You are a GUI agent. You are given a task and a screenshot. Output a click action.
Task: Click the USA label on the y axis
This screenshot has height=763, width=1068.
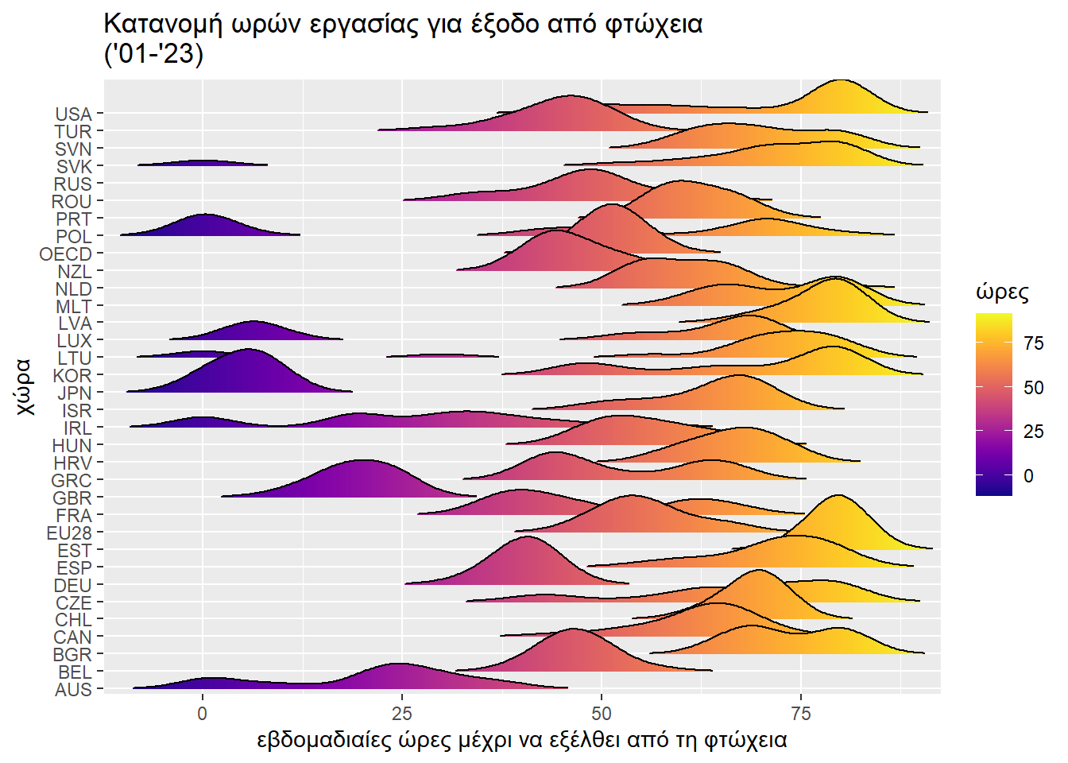click(x=73, y=114)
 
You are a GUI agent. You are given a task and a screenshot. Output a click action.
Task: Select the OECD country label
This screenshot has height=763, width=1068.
click(x=66, y=254)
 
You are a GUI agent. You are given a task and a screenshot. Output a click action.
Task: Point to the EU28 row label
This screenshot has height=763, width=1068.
click(x=69, y=533)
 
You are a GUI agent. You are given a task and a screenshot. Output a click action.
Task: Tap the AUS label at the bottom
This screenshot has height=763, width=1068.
click(x=73, y=690)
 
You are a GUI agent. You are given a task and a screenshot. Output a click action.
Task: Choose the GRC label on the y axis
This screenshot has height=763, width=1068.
click(x=72, y=481)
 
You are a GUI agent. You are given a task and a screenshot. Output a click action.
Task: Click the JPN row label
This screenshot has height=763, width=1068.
click(x=74, y=393)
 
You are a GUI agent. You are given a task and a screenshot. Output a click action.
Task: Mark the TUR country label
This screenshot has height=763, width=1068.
click(x=73, y=132)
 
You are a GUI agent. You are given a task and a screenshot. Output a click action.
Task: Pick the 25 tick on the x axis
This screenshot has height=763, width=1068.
click(x=402, y=713)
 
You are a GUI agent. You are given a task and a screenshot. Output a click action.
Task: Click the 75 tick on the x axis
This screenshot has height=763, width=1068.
click(x=800, y=713)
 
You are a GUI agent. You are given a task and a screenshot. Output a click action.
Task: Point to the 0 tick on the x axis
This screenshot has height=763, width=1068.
click(x=203, y=713)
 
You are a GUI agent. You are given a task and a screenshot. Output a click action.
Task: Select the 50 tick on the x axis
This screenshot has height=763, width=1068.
click(x=602, y=713)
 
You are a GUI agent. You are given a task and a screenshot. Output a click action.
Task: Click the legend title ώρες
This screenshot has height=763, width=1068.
click(x=1002, y=292)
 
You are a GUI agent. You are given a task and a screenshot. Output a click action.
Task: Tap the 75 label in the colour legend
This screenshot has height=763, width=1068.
click(x=1034, y=343)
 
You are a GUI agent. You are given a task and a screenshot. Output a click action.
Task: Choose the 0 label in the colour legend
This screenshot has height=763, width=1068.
click(x=1029, y=476)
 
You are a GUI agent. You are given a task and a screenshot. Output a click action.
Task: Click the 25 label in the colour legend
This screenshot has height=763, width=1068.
click(x=1034, y=432)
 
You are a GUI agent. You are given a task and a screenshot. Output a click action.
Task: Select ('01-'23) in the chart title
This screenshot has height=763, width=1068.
click(x=153, y=54)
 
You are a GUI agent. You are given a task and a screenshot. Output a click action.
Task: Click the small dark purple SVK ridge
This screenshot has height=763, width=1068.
click(x=203, y=163)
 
